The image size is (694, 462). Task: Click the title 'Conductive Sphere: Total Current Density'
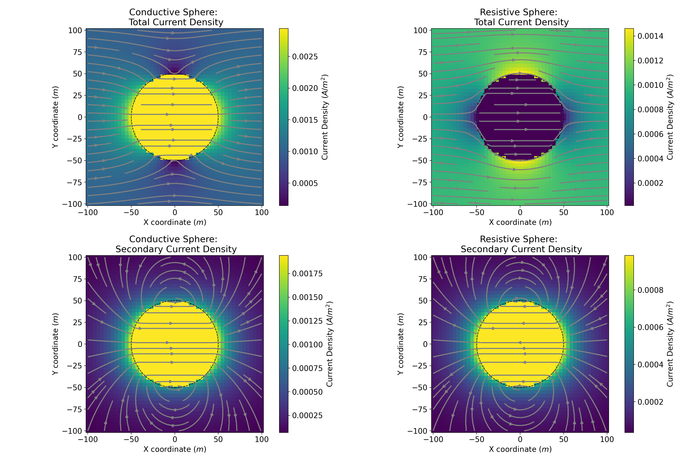pos(176,17)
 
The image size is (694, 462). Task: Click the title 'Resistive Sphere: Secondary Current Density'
pos(521,244)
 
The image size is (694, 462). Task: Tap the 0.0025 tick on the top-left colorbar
pos(305,57)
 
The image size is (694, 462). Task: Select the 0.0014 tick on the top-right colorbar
pos(650,36)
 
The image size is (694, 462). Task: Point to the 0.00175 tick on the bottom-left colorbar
pos(307,273)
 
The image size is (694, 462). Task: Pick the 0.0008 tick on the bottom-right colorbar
pos(650,290)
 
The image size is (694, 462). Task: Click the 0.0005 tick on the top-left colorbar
pos(305,183)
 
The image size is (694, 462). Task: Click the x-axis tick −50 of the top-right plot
pos(477,213)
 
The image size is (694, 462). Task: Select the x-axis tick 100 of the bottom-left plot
pos(261,439)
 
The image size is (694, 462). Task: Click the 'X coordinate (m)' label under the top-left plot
pos(175,222)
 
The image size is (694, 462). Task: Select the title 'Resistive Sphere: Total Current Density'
pos(521,17)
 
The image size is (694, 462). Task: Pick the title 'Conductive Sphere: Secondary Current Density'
pos(176,244)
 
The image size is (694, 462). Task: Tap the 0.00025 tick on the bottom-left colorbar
pos(307,415)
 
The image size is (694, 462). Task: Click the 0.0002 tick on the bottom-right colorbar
pos(650,402)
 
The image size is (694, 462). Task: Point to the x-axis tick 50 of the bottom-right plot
pos(563,439)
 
